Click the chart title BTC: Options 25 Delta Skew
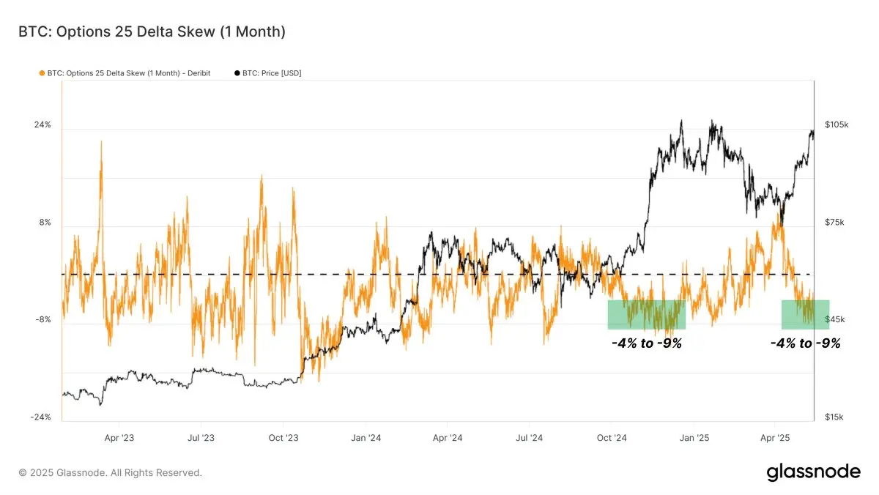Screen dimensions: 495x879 point(152,31)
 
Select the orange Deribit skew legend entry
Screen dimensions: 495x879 point(125,73)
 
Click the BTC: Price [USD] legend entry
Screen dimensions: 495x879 point(267,73)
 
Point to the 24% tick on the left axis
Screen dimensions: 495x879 point(42,125)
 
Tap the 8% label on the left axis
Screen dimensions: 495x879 point(45,223)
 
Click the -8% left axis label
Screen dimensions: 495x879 point(43,320)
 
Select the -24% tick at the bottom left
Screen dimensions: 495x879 point(40,417)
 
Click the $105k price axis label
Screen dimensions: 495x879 point(836,125)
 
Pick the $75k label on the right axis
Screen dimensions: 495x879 point(834,223)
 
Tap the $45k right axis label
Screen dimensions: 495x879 point(834,320)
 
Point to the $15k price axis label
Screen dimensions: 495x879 point(834,417)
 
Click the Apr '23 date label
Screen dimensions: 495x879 point(119,439)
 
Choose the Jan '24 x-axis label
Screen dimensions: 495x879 point(366,439)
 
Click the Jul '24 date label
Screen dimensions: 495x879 point(529,439)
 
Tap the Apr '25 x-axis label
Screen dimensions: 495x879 point(774,439)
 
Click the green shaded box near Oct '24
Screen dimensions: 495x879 point(646,315)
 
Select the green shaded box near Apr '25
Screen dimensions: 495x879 point(805,315)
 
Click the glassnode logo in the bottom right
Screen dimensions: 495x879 point(813,472)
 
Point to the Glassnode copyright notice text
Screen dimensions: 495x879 point(110,473)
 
